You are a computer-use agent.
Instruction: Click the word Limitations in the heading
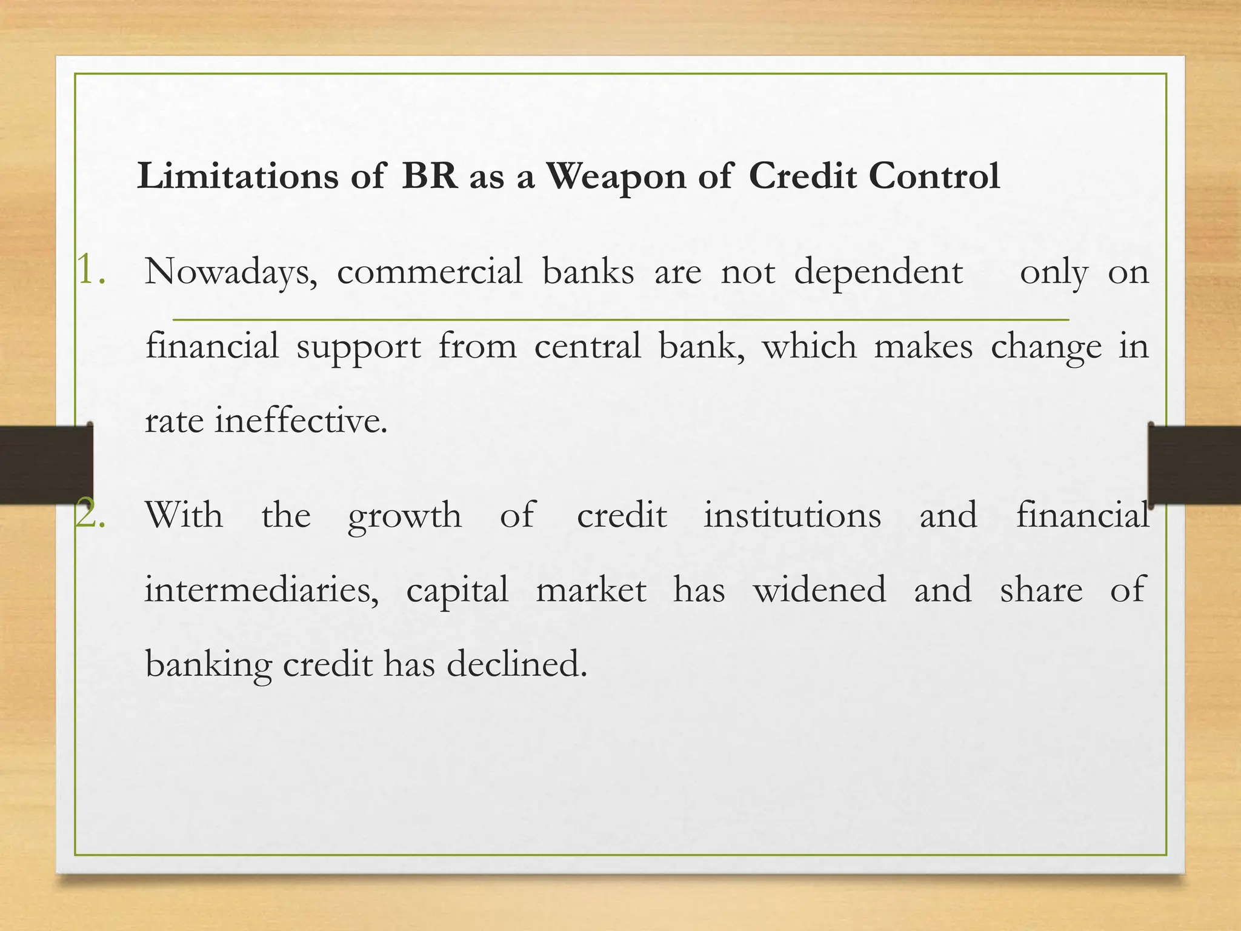click(238, 176)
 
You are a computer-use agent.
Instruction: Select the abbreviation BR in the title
click(429, 176)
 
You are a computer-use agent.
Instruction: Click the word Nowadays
click(230, 273)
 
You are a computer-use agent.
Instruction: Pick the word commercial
click(429, 272)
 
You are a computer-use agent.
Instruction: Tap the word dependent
click(878, 273)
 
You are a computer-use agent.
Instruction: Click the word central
click(587, 347)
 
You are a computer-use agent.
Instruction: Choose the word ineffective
click(301, 421)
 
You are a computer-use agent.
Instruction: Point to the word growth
click(404, 517)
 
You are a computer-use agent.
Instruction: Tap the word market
click(591, 590)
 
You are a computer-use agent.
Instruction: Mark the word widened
click(819, 590)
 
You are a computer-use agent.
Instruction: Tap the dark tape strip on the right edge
click(1194, 464)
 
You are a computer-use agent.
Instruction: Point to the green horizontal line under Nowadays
click(620, 319)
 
